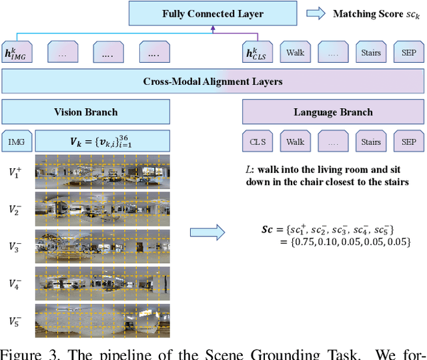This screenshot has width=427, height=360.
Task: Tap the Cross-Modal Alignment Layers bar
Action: pos(212,81)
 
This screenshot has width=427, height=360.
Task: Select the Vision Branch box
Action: pos(85,112)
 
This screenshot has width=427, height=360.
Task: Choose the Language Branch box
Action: pos(333,112)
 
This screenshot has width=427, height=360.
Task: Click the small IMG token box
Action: pos(17,142)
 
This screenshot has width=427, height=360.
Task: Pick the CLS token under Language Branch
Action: pos(258,142)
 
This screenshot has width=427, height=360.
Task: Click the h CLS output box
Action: pos(258,52)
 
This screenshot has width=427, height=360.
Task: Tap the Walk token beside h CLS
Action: pos(295,52)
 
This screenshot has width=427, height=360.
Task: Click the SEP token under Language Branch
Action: pos(408,142)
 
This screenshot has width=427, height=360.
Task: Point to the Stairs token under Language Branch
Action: pos(371,142)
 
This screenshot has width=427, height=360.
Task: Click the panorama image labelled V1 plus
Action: pos(102,172)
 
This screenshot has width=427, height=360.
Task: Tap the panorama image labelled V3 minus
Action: pos(102,246)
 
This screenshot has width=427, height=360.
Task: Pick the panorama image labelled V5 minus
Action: pos(102,321)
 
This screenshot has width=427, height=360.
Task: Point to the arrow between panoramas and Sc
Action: pos(207,232)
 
